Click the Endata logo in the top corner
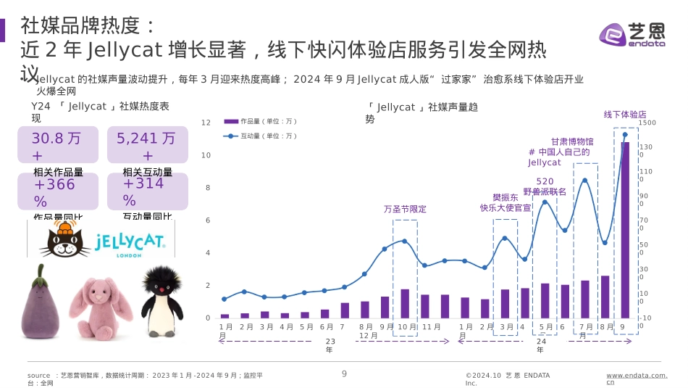(632, 34)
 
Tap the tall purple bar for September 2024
(625, 230)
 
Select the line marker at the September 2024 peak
(625, 134)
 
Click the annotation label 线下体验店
(625, 115)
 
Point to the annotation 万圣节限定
(405, 209)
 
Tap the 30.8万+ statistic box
(57, 145)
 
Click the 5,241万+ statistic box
(147, 145)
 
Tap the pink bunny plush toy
(101, 306)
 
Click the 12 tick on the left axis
(206, 123)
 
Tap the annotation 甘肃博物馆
(571, 142)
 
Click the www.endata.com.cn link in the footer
(636, 379)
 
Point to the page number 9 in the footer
(344, 373)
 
